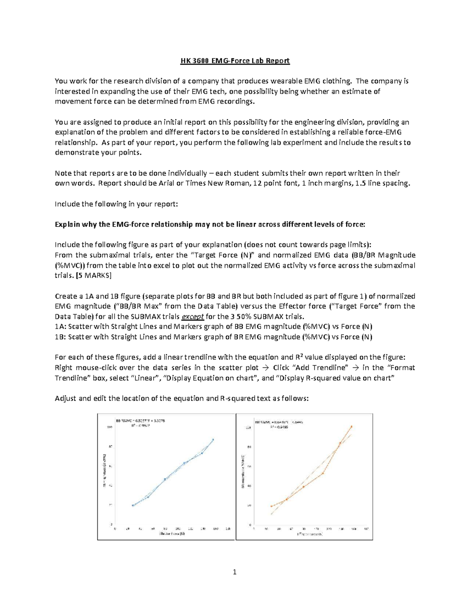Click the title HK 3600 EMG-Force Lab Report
click(x=235, y=61)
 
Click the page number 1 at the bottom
click(x=234, y=572)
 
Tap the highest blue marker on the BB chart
click(x=213, y=440)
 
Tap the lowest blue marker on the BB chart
click(x=133, y=505)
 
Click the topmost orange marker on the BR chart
click(x=351, y=427)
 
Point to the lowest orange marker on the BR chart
click(x=271, y=506)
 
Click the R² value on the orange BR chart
click(x=277, y=427)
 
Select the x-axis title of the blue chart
click(x=172, y=534)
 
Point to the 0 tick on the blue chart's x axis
click(x=115, y=529)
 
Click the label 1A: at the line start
click(x=60, y=327)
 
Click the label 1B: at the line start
click(x=60, y=337)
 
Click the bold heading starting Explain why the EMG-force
click(x=210, y=224)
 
